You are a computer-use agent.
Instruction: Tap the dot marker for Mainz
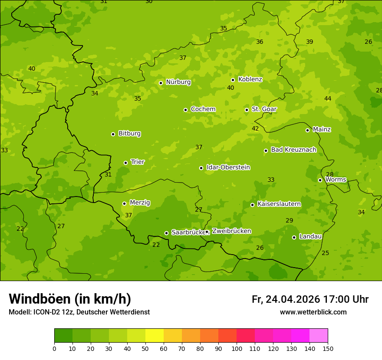click(307, 130)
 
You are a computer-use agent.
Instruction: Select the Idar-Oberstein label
click(228, 167)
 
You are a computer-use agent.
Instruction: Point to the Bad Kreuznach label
click(293, 150)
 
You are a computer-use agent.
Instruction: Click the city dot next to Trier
click(125, 163)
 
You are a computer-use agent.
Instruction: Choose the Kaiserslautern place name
click(279, 204)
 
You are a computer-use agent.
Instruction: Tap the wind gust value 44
click(328, 99)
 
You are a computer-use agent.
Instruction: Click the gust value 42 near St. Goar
click(255, 129)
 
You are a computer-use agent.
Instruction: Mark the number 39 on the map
click(310, 42)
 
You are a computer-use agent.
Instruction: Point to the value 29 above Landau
click(289, 221)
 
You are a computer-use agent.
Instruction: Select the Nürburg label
click(178, 82)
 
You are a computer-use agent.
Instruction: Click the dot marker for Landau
click(294, 237)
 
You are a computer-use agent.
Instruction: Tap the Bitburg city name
click(129, 134)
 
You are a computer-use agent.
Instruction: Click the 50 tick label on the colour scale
click(145, 348)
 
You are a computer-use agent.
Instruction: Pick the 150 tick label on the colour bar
click(328, 348)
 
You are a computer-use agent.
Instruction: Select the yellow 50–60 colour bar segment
click(155, 336)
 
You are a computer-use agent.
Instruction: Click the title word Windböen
click(40, 299)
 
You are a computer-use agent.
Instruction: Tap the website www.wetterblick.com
click(313, 312)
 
